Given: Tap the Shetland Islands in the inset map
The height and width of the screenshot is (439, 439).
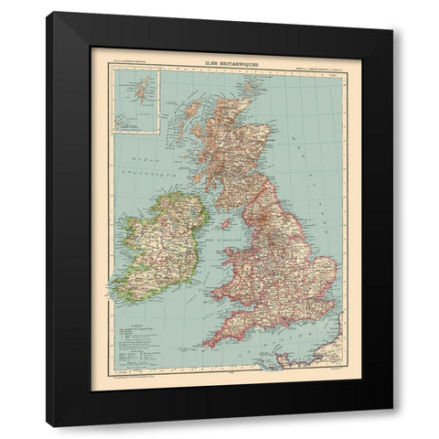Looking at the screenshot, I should (x=138, y=90).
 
